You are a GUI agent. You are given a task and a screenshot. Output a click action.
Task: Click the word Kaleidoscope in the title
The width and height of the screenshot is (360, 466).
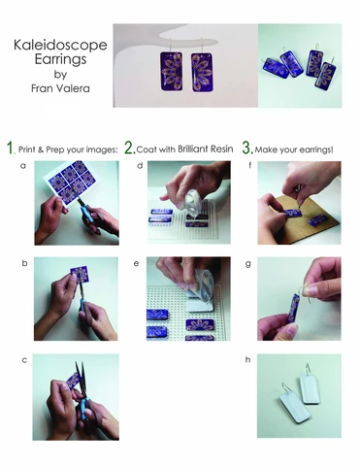click(60, 46)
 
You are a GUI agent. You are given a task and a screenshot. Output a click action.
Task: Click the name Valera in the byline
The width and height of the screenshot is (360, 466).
click(73, 88)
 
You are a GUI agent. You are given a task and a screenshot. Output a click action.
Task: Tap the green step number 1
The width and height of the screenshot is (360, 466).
click(11, 148)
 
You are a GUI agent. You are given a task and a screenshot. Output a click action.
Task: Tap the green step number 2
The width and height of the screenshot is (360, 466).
click(129, 148)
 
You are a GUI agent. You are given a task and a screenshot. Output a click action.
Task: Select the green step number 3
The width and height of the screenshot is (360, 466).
click(247, 148)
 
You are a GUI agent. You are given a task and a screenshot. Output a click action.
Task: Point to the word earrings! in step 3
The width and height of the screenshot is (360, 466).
click(316, 150)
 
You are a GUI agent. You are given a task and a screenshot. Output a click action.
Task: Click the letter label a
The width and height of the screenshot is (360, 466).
click(22, 166)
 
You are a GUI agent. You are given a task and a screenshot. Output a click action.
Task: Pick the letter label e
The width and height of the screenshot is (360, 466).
click(137, 264)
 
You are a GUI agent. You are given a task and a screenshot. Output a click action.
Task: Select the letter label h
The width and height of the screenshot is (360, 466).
click(247, 359)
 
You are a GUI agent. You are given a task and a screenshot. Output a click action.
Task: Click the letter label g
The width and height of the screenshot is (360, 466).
click(248, 264)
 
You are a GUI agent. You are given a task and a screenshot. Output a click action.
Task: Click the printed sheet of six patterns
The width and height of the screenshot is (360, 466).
click(67, 182)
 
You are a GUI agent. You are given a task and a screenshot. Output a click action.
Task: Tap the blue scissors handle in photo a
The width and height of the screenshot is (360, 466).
click(88, 216)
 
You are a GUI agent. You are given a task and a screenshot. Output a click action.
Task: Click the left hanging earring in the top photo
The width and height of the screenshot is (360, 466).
click(171, 70)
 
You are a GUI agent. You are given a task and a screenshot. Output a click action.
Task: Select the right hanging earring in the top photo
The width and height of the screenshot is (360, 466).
click(202, 72)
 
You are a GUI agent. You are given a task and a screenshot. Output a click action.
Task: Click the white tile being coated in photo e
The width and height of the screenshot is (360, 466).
click(201, 303)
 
